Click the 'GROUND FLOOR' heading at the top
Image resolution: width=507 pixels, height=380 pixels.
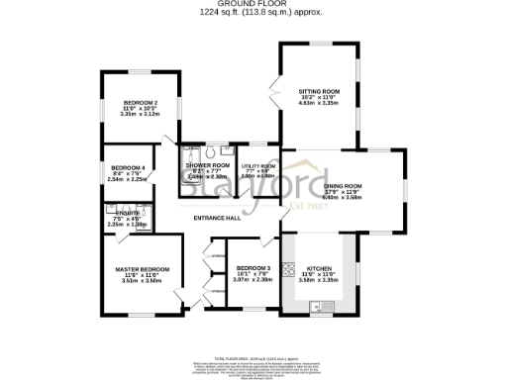pos(253,4)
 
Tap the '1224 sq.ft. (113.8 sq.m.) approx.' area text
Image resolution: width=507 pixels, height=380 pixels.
pos(253,12)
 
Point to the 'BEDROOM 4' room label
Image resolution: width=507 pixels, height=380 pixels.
pos(128,168)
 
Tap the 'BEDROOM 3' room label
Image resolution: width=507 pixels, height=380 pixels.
pos(253,268)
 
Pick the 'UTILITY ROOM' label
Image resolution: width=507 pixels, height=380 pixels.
pos(257,165)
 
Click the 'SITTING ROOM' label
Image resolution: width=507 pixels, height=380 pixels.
pos(319,89)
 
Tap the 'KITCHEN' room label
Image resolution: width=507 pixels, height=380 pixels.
pos(319,268)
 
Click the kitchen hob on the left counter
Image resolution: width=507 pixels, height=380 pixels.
pos(289,269)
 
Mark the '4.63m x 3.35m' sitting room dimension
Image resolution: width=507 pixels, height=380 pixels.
pos(319,102)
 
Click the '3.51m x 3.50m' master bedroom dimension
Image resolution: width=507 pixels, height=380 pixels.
pos(142,281)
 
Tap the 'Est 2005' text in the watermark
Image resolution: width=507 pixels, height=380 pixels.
pos(307,205)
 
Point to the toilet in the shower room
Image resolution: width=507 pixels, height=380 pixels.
pos(209,152)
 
